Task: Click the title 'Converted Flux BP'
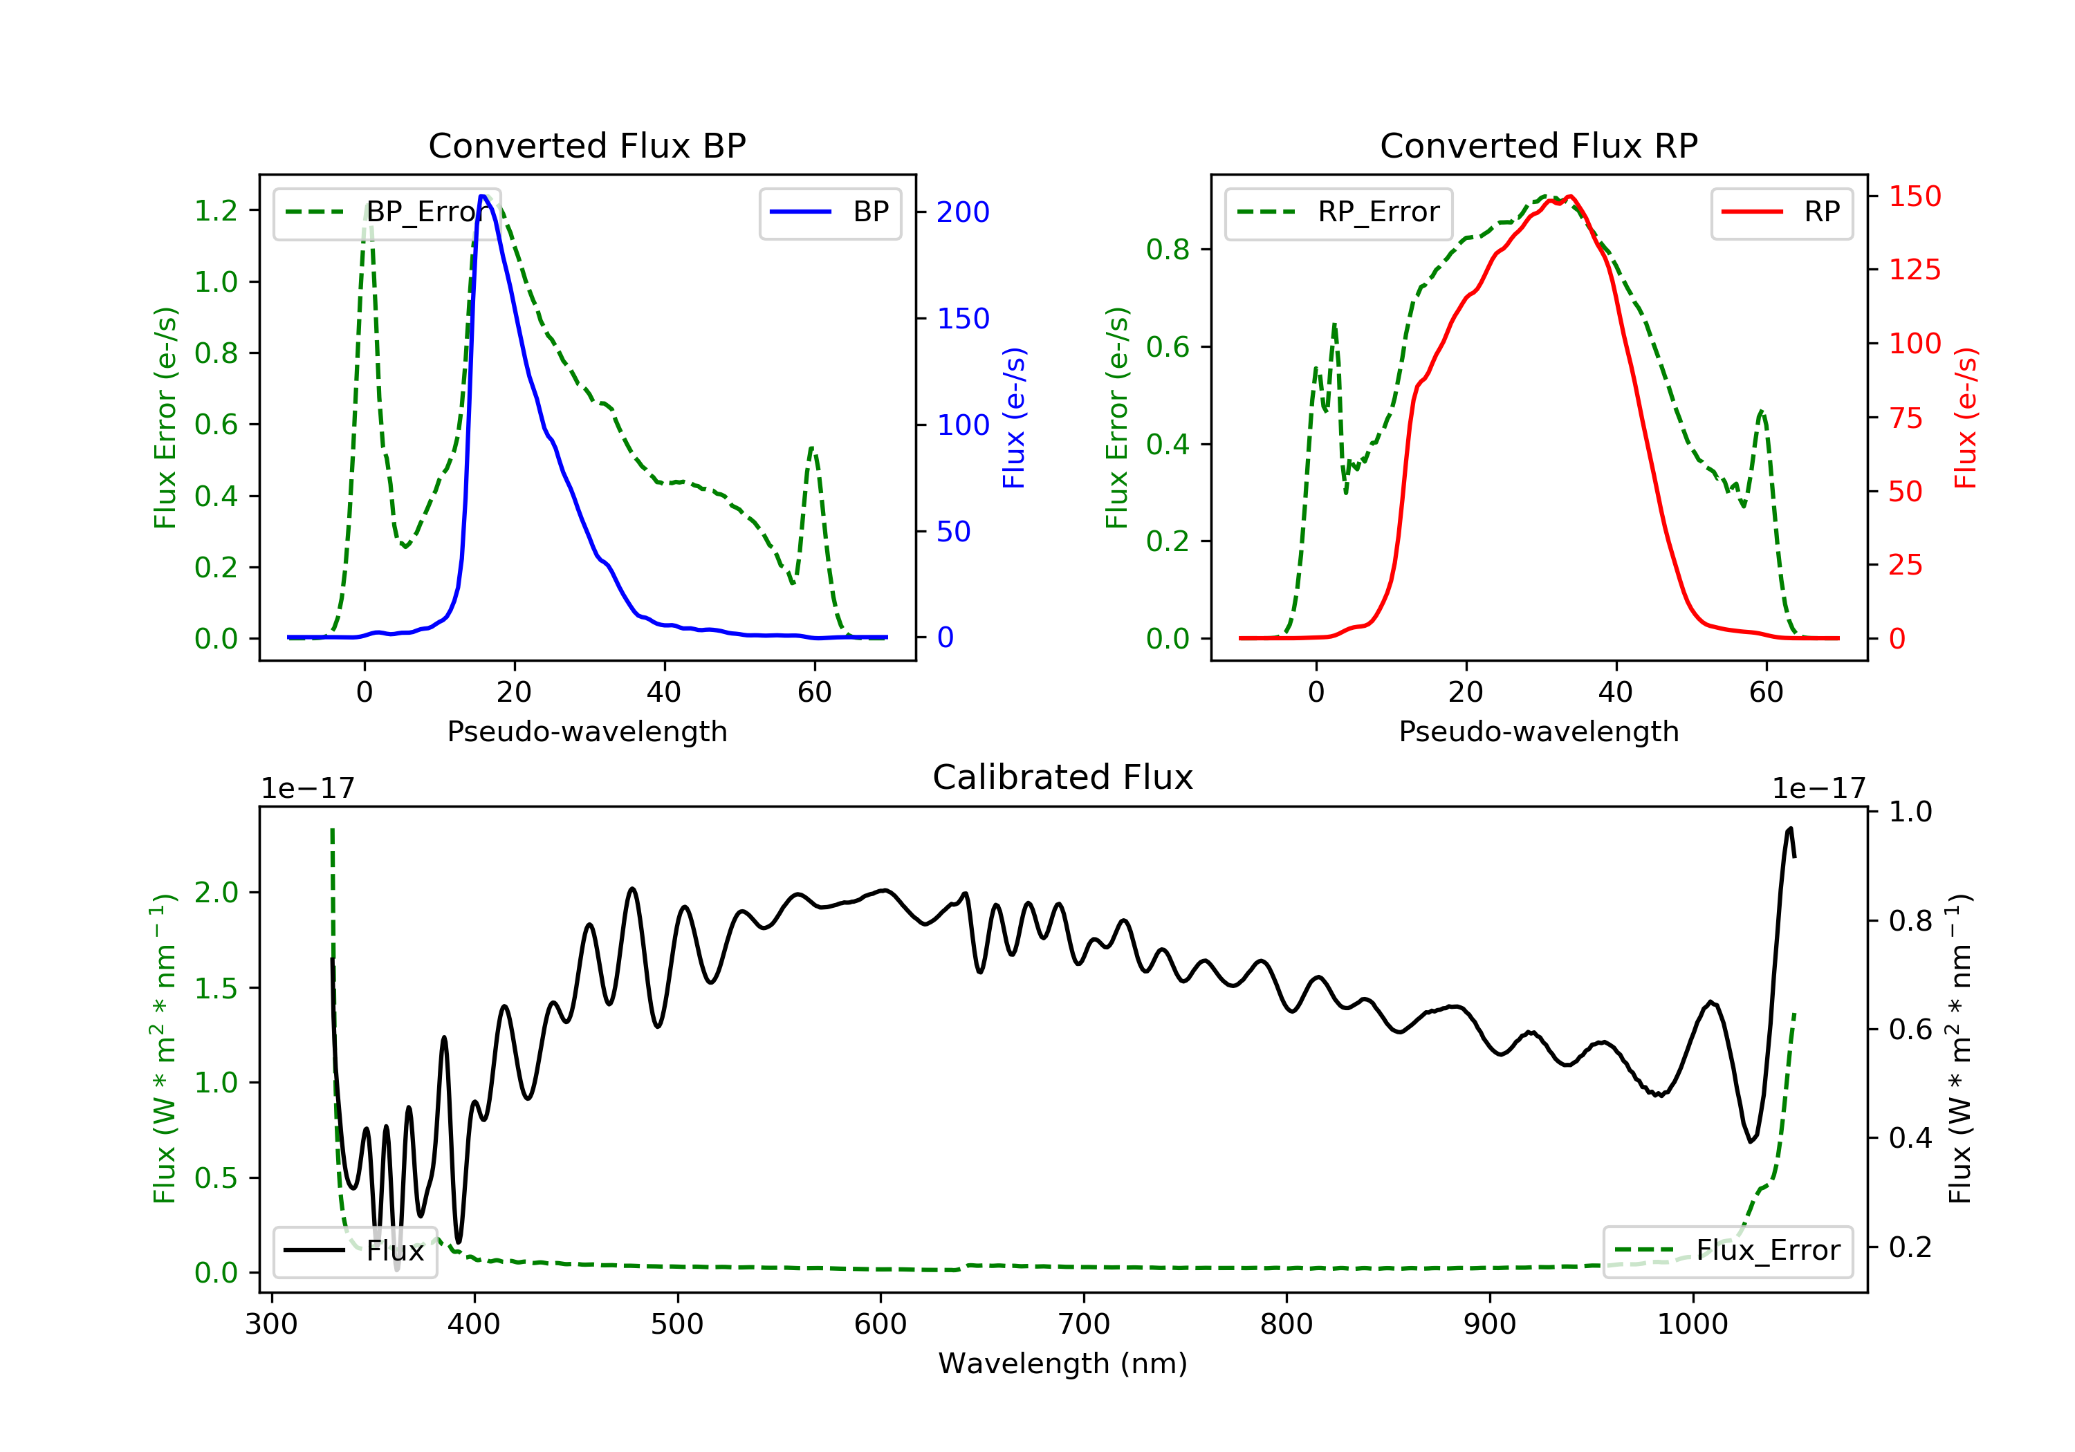[x=587, y=145]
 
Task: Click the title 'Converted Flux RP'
[x=1538, y=145]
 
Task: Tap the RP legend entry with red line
[x=1781, y=212]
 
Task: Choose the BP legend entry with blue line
[x=829, y=212]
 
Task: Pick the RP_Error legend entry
[x=1338, y=212]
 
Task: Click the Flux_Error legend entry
[x=1727, y=1251]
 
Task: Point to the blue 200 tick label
[x=963, y=212]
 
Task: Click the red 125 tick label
[x=1914, y=269]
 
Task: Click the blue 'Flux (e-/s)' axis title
[x=1014, y=418]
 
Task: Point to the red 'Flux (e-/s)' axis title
[x=1966, y=418]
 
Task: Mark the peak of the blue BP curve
[x=483, y=196]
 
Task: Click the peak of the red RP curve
[x=1571, y=196]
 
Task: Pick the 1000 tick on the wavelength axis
[x=1692, y=1325]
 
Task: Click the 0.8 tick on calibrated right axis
[x=1910, y=921]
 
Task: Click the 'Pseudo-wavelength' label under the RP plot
[x=1538, y=731]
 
